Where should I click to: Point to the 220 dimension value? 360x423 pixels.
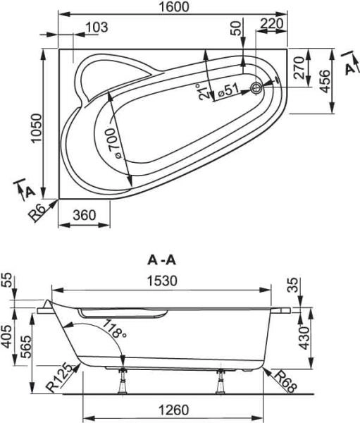click(x=271, y=23)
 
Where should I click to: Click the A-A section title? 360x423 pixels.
click(x=161, y=259)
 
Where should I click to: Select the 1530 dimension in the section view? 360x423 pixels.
click(x=162, y=281)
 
